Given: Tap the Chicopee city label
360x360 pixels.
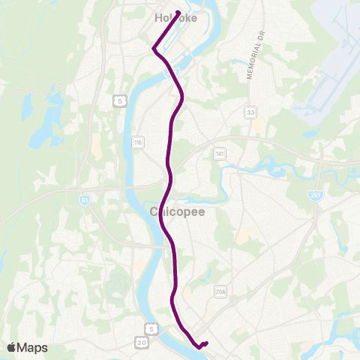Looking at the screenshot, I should pyautogui.click(x=178, y=211).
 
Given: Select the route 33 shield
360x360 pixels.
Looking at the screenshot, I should pyautogui.click(x=249, y=112).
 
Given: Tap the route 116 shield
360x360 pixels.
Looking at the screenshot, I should pyautogui.click(x=137, y=142).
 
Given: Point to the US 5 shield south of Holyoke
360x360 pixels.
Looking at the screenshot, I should pyautogui.click(x=118, y=100).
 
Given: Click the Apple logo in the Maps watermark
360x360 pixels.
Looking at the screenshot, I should pyautogui.click(x=11, y=347).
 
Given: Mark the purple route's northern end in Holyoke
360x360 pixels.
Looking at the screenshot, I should pyautogui.click(x=178, y=10).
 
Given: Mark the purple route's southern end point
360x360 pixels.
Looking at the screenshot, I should pyautogui.click(x=205, y=343).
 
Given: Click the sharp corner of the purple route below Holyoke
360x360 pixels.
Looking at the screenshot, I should pyautogui.click(x=153, y=49).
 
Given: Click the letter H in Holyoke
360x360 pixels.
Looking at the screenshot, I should pyautogui.click(x=157, y=17).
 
